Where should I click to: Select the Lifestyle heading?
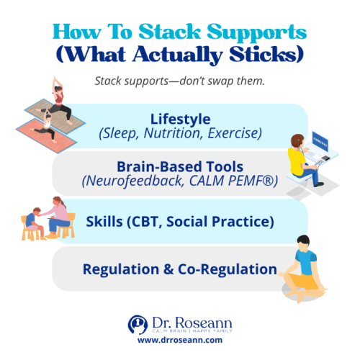coord(180,118)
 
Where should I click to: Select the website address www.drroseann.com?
coord(179,339)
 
